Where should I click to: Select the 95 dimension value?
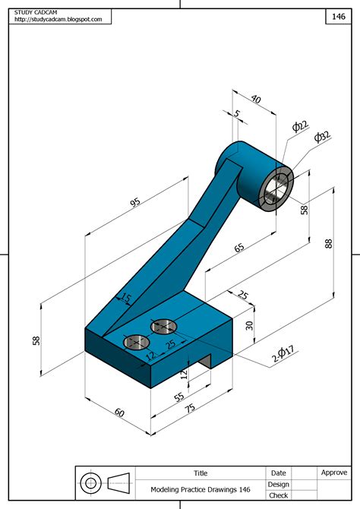tap(134, 204)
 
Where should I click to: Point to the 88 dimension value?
tap(328, 243)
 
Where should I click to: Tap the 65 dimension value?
tap(238, 248)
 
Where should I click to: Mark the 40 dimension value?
tap(254, 100)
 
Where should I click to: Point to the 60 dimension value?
tap(119, 412)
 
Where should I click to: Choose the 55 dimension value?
tap(179, 397)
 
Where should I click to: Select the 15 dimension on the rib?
tap(126, 299)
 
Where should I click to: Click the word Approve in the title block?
tap(334, 473)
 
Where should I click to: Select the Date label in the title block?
tap(279, 473)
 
